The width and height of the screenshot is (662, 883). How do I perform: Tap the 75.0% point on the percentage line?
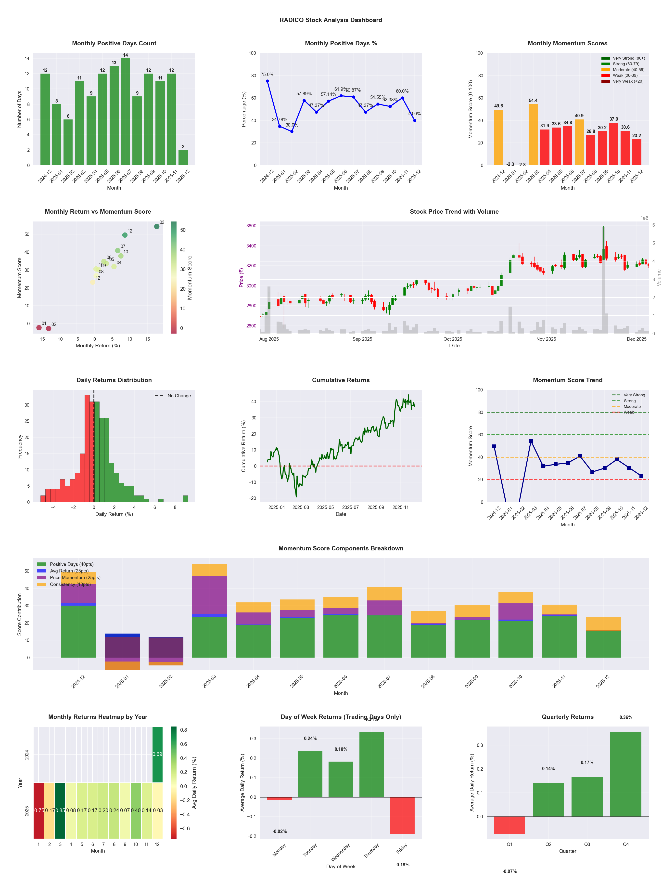pos(267,81)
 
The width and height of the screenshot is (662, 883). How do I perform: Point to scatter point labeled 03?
pos(157,226)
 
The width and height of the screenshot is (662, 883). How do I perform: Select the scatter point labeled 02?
pos(49,328)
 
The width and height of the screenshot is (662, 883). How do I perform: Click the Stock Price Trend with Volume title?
pos(454,212)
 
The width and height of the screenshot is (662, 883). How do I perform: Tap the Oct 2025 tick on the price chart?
pos(453,339)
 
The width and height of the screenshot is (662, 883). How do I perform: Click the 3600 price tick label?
pos(251,226)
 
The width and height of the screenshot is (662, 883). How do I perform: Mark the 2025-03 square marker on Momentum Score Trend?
pos(531,441)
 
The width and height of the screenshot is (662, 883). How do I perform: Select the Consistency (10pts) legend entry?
pos(70,584)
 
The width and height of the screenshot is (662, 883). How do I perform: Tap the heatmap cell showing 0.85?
pos(60,810)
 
